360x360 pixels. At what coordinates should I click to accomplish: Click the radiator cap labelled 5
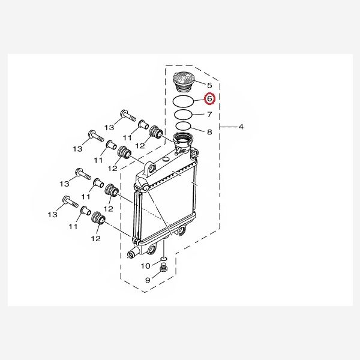[x=182, y=80]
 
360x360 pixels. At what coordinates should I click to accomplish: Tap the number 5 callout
[x=209, y=85]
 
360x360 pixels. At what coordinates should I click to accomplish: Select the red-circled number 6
[x=209, y=99]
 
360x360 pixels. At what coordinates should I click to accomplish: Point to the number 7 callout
[x=209, y=114]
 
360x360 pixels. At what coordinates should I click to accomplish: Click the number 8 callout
[x=209, y=131]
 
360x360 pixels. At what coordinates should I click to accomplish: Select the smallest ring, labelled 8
[x=183, y=126]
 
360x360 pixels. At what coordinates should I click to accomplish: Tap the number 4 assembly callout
[x=241, y=127]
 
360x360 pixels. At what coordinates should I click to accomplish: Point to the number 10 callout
[x=146, y=265]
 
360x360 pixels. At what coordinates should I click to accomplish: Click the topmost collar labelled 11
[x=143, y=125]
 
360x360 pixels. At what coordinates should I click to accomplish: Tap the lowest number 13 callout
[x=52, y=214]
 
